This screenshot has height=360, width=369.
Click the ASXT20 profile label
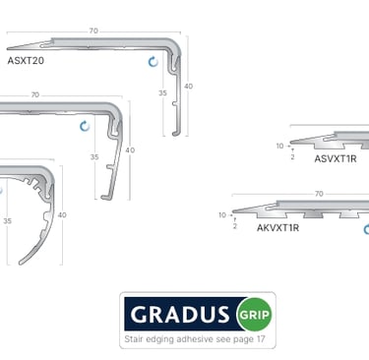[x=26, y=61]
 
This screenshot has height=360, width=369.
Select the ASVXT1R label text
[x=336, y=159]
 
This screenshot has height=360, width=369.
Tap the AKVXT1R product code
[x=277, y=228]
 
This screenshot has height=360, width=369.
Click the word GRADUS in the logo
[x=180, y=315]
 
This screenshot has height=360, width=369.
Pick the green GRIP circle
[x=255, y=315]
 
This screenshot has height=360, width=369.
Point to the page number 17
[x=261, y=339]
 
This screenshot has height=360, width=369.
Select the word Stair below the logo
[x=134, y=339]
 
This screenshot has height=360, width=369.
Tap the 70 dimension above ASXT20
[x=93, y=30]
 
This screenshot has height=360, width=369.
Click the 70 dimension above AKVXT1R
[x=319, y=194]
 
